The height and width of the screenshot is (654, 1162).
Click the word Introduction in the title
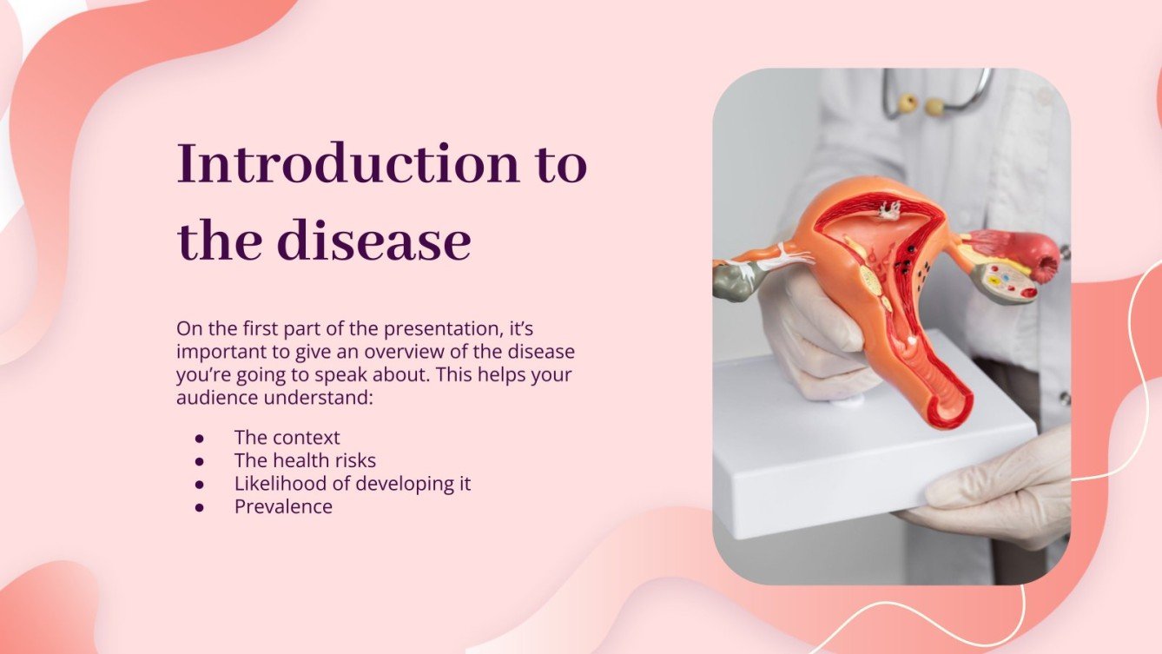pos(344,164)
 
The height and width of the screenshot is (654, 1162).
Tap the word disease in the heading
pos(373,241)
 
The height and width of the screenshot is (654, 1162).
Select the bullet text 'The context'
pos(287,438)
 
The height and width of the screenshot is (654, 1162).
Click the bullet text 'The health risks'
pos(305,460)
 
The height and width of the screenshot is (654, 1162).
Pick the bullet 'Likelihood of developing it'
pos(352,484)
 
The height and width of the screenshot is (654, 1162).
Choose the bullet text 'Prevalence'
pos(283,506)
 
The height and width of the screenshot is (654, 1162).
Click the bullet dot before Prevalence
pos(200,507)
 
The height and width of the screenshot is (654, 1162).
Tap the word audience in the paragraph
pos(213,399)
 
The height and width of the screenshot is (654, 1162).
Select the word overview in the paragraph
pos(406,353)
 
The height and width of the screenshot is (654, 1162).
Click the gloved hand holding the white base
pos(999,495)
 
